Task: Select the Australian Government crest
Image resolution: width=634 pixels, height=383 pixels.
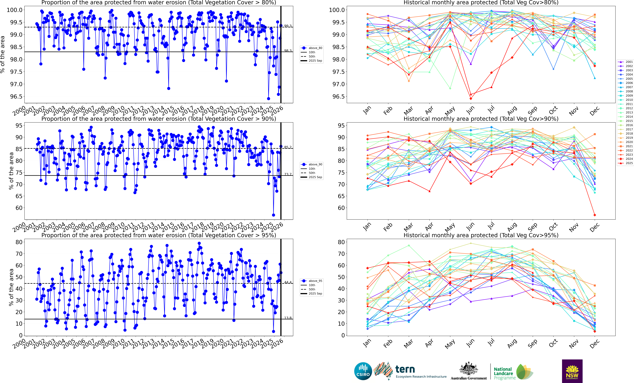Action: tap(469, 369)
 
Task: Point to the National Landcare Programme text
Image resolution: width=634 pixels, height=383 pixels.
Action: tap(504, 373)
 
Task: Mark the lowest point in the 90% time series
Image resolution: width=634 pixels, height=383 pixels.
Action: tap(274, 215)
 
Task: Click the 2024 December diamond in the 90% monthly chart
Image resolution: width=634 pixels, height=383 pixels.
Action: tap(595, 215)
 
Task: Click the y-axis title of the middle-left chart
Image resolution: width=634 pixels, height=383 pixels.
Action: tap(11, 171)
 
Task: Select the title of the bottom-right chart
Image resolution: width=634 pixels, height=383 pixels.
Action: tap(481, 235)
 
